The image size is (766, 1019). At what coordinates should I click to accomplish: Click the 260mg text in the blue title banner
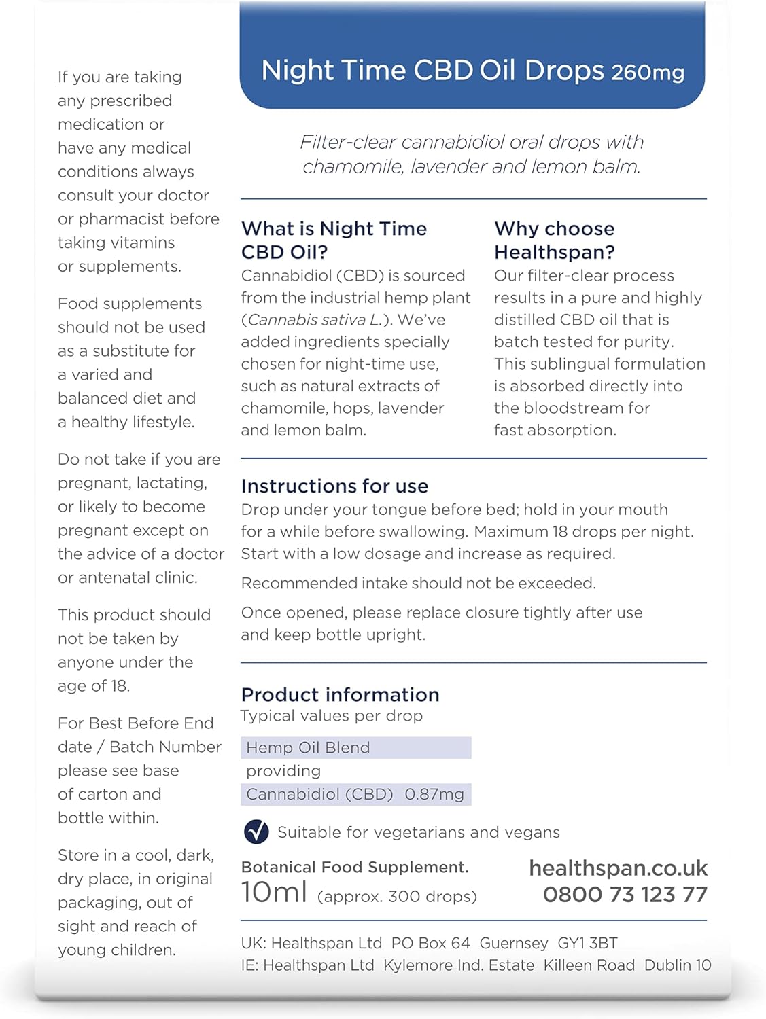click(x=648, y=73)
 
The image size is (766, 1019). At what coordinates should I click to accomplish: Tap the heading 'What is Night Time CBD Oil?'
click(x=334, y=240)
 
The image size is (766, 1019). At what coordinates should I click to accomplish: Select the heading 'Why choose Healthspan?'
click(x=554, y=240)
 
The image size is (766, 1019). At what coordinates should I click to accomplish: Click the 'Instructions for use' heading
click(x=334, y=486)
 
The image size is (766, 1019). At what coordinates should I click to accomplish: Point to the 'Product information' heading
click(x=340, y=694)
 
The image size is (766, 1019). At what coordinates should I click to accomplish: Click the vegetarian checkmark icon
click(x=256, y=832)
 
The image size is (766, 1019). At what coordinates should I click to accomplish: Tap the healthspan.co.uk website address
click(x=618, y=868)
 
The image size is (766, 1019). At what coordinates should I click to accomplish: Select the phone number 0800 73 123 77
click(x=625, y=895)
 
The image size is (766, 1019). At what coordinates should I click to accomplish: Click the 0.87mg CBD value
click(x=434, y=794)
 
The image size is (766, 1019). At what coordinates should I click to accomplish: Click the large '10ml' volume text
click(x=274, y=892)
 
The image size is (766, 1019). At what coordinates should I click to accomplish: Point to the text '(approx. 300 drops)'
click(x=397, y=897)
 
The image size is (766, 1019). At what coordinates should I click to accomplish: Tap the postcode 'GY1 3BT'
click(x=587, y=943)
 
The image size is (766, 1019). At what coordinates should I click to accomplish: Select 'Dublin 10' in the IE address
click(x=677, y=965)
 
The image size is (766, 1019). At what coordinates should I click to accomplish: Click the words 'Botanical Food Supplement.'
click(x=355, y=868)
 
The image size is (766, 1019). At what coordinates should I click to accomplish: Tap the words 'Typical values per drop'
click(x=332, y=716)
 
